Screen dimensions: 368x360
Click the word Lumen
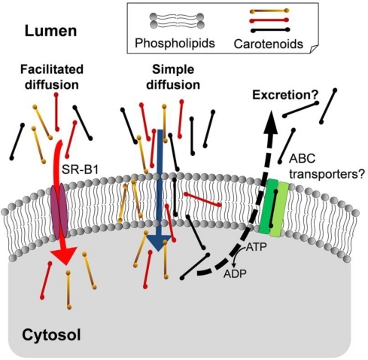pos(50,31)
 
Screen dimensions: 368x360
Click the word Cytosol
pos(51,335)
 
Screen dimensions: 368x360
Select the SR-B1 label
pos(80,170)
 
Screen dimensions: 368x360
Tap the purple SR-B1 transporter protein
pos(59,210)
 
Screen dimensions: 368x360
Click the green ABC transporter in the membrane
pos(274,207)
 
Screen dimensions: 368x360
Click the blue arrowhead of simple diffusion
pos(159,243)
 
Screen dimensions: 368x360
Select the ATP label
pos(256,247)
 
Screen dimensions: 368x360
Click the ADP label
pos(235,273)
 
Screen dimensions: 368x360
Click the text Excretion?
pos(285,95)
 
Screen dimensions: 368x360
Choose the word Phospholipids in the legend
pos(175,43)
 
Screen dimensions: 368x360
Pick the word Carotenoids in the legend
pos(268,44)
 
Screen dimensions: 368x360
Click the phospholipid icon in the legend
pos(177,20)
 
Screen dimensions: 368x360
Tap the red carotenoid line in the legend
pos(269,20)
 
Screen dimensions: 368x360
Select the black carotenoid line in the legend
pos(270,30)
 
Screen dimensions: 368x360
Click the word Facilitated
pos(52,69)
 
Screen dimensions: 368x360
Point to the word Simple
pos(173,69)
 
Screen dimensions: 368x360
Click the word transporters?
pos(327,174)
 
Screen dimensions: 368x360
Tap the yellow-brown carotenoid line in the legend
pos(269,11)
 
